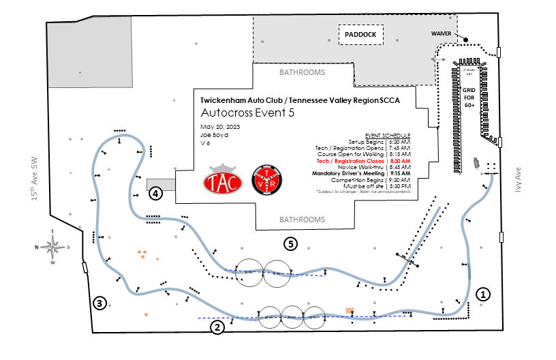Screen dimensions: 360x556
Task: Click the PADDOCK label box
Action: tap(361, 34)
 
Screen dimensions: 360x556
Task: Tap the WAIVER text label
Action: tap(442, 33)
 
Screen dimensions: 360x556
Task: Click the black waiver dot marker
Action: tap(466, 40)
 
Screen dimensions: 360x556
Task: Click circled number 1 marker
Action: tap(482, 295)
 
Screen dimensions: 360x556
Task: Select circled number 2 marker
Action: tap(217, 327)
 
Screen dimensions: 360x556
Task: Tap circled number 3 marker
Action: tap(99, 303)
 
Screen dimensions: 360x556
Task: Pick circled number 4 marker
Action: tap(157, 194)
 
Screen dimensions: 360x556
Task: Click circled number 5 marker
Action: tap(291, 243)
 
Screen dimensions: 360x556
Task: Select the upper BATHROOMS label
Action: tap(303, 72)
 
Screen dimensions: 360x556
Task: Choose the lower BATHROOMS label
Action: tap(303, 220)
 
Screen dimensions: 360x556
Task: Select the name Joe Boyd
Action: tap(214, 135)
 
